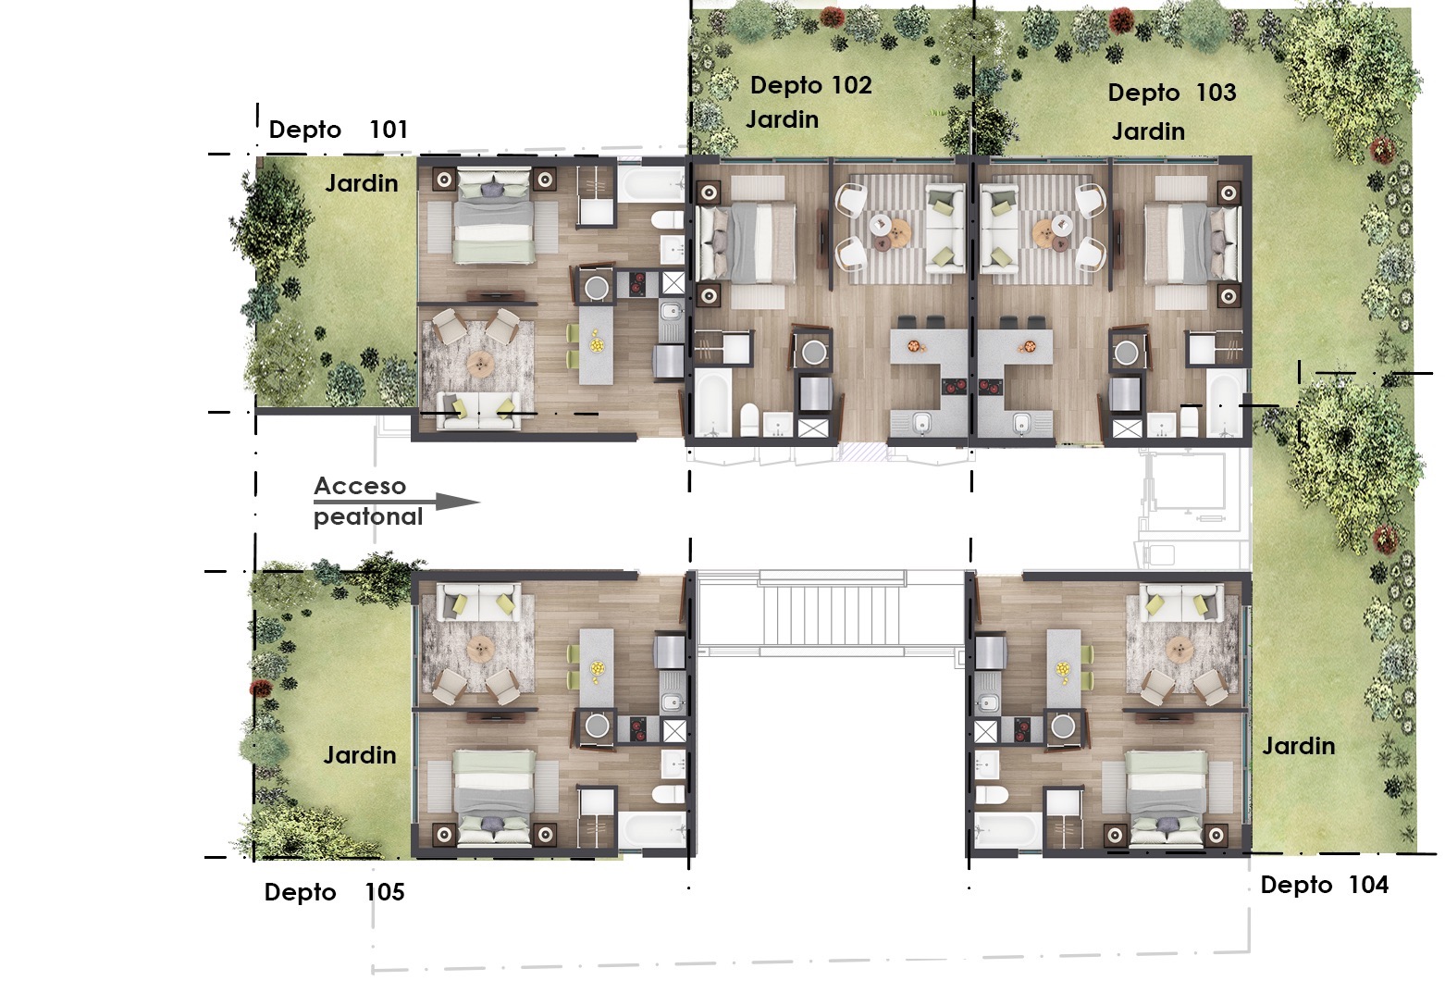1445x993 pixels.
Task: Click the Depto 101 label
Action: pyautogui.click(x=338, y=130)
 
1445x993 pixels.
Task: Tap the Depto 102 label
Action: pyautogui.click(x=811, y=85)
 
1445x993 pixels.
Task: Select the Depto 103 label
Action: pyautogui.click(x=1172, y=93)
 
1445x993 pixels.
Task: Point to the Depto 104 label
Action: pyautogui.click(x=1325, y=885)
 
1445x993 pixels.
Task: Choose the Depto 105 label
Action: pyautogui.click(x=334, y=892)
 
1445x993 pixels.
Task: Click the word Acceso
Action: pyautogui.click(x=360, y=486)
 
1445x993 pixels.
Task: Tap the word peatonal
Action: pyautogui.click(x=367, y=517)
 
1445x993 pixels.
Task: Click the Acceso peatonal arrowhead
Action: pyautogui.click(x=458, y=502)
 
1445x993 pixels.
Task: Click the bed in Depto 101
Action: pyautogui.click(x=494, y=217)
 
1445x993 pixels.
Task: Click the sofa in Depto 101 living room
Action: pyautogui.click(x=478, y=410)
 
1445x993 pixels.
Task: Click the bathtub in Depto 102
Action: pyautogui.click(x=712, y=402)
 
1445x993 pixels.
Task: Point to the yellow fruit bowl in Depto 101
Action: pyautogui.click(x=598, y=344)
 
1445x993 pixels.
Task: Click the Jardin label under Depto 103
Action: pyautogui.click(x=1148, y=132)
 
